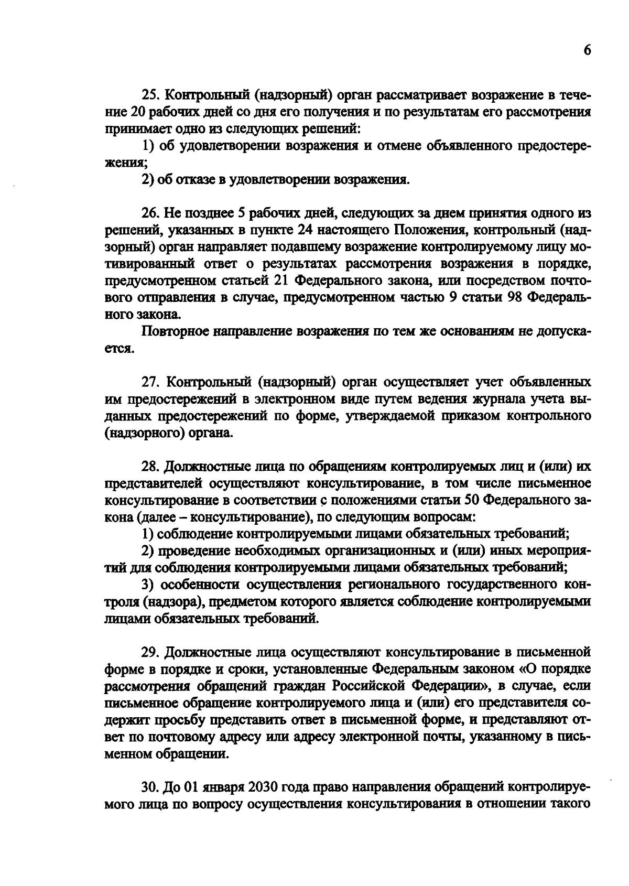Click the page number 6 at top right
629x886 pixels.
coord(587,50)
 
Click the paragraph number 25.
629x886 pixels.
coord(148,95)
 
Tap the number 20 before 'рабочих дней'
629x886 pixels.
coord(136,112)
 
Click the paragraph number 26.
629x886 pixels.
coord(148,213)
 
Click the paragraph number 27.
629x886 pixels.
coord(148,382)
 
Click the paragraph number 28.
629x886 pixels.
coord(148,466)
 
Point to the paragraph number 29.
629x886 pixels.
coord(148,652)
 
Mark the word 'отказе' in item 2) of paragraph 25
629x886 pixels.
coord(198,180)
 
